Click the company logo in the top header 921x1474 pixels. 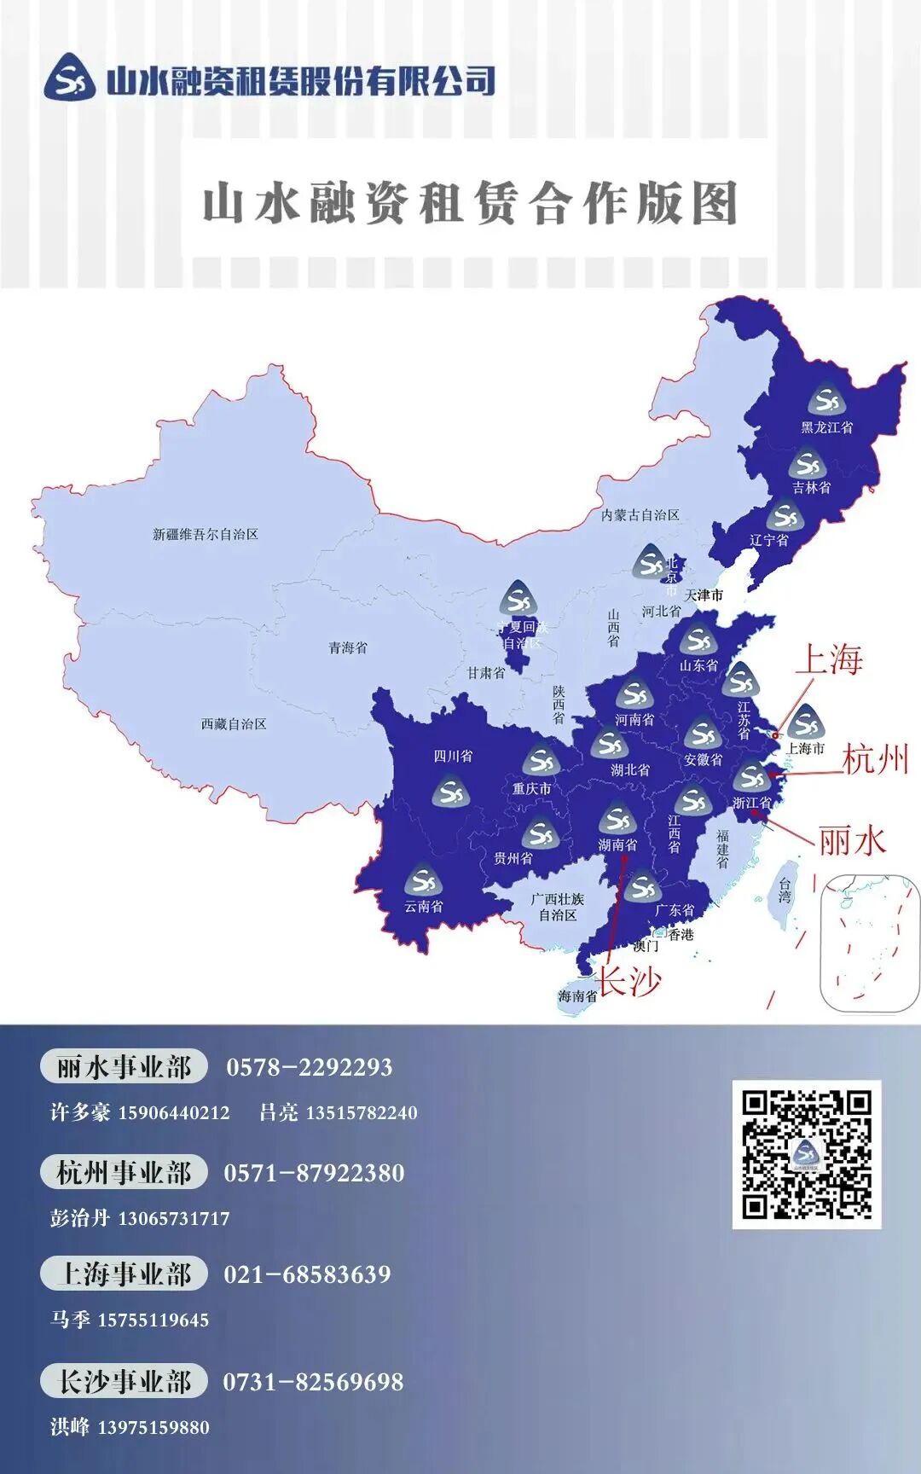(70, 77)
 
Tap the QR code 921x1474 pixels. (806, 1154)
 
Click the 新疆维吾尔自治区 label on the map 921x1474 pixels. (205, 535)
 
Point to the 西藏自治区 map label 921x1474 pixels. (234, 724)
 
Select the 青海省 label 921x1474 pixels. (348, 648)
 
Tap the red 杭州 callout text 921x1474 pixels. (875, 758)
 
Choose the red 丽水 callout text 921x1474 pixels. (851, 841)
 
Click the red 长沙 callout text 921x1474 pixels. (628, 981)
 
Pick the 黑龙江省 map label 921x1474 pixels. (826, 427)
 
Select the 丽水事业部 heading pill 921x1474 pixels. (124, 1067)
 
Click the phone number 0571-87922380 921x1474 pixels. (314, 1174)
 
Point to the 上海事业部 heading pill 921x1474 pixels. (124, 1274)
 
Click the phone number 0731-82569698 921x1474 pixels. (313, 1382)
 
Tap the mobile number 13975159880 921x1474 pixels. (153, 1428)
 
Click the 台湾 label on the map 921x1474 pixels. (785, 891)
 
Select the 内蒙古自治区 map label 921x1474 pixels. (640, 515)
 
